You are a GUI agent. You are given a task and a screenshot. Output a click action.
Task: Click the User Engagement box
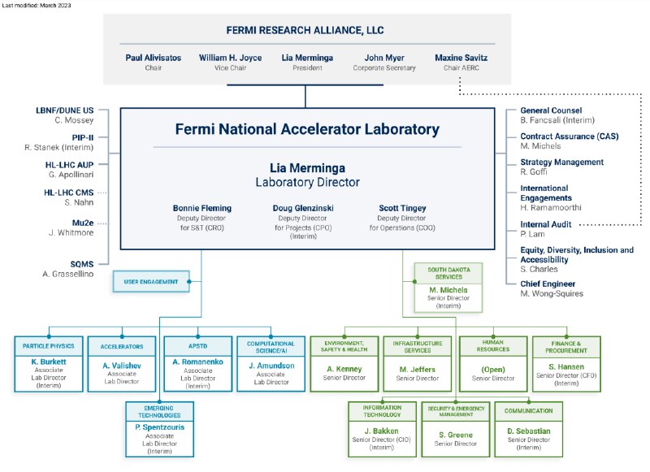tap(151, 281)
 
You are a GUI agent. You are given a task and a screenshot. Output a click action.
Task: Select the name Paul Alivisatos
tap(154, 58)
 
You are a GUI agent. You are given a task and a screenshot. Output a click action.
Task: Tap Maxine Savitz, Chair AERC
tap(461, 63)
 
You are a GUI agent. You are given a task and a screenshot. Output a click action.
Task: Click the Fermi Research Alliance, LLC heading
tap(305, 30)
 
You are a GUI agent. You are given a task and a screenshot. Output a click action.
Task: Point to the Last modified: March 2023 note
tap(37, 6)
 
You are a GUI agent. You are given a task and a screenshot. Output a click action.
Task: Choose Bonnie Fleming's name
tap(201, 208)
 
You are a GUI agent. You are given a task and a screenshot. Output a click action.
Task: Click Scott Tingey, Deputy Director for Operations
tap(402, 218)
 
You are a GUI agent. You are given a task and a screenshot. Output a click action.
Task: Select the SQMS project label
tap(82, 264)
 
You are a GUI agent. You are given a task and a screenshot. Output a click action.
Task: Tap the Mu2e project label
tap(83, 223)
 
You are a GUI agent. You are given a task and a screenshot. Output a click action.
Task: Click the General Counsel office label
tap(551, 110)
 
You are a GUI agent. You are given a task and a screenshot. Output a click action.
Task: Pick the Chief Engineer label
tap(548, 284)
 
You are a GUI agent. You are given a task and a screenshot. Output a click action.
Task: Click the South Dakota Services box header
tap(448, 273)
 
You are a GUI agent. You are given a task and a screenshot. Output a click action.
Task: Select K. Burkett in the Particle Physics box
tap(49, 362)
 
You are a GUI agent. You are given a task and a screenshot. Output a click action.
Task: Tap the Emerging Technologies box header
tap(159, 412)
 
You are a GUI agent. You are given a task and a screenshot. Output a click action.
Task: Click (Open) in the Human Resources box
tap(493, 369)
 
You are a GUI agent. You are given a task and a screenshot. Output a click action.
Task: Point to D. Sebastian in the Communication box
tap(529, 431)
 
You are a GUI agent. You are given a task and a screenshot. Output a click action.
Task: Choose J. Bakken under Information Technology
tap(381, 431)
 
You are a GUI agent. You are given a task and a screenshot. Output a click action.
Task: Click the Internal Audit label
tap(545, 224)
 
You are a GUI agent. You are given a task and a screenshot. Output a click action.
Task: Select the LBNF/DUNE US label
tap(65, 110)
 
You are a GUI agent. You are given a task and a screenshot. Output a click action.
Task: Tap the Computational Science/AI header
tap(271, 347)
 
